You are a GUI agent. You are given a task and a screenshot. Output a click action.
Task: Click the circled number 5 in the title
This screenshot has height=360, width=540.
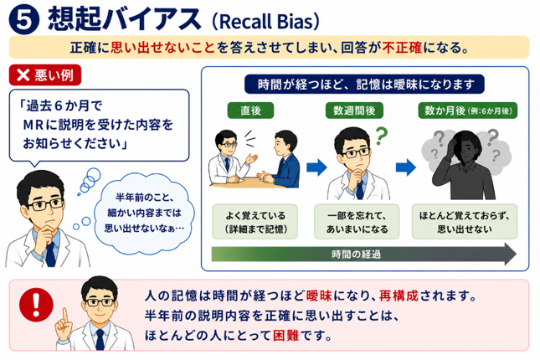pos(24,19)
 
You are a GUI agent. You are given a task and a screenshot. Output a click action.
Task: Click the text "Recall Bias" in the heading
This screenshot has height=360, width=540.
pos(265,22)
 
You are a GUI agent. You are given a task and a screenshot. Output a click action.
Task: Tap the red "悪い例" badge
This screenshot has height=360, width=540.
pos(45,75)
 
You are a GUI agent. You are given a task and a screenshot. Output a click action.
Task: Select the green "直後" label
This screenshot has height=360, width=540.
pos(250,111)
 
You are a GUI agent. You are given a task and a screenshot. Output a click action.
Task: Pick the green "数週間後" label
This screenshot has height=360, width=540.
pos(354,111)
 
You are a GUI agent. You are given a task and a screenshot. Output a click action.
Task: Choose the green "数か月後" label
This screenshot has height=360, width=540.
pos(468,111)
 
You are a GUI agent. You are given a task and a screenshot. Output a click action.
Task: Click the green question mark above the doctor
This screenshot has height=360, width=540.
pos(382,136)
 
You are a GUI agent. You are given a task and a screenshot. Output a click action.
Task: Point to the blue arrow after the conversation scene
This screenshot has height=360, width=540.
pos(316,167)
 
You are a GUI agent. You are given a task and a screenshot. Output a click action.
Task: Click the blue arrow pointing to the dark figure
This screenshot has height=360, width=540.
pos(406,167)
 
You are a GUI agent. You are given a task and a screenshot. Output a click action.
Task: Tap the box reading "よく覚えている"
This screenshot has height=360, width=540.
pos(255,222)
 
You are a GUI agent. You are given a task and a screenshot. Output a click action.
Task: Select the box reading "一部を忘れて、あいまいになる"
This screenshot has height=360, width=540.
pos(357,222)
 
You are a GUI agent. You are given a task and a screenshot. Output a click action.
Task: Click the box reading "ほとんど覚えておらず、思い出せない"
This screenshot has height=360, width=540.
pos(465,222)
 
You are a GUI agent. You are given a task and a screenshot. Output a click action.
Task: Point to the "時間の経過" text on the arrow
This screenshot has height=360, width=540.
pos(356,255)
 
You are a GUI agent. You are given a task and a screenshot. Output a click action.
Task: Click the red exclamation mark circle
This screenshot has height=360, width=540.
pos(36,305)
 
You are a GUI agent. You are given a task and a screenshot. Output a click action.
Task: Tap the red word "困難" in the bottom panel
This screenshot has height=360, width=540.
pos(285,335)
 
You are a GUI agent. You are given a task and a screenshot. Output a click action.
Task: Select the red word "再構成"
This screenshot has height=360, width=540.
pos(399,296)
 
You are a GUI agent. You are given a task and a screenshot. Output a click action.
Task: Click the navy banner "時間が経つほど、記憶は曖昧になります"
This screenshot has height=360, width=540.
pos(364,85)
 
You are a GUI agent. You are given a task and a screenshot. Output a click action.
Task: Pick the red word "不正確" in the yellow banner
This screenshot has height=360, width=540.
pos(402,47)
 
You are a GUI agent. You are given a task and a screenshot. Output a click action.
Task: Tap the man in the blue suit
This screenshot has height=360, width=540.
pos(280,160)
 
